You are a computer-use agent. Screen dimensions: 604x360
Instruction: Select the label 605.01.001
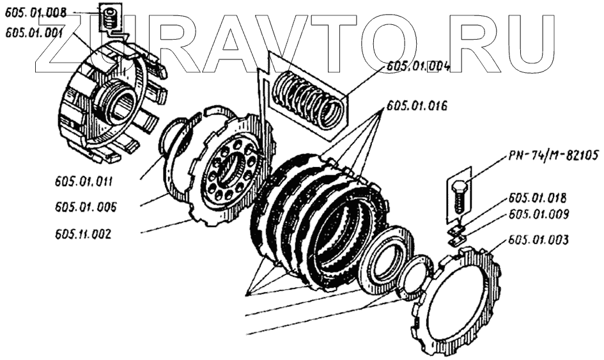pos(33,34)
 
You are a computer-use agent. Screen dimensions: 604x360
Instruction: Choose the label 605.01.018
pos(539,198)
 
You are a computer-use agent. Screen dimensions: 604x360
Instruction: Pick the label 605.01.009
pos(539,214)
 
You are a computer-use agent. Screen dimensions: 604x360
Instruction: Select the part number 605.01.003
pos(539,240)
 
